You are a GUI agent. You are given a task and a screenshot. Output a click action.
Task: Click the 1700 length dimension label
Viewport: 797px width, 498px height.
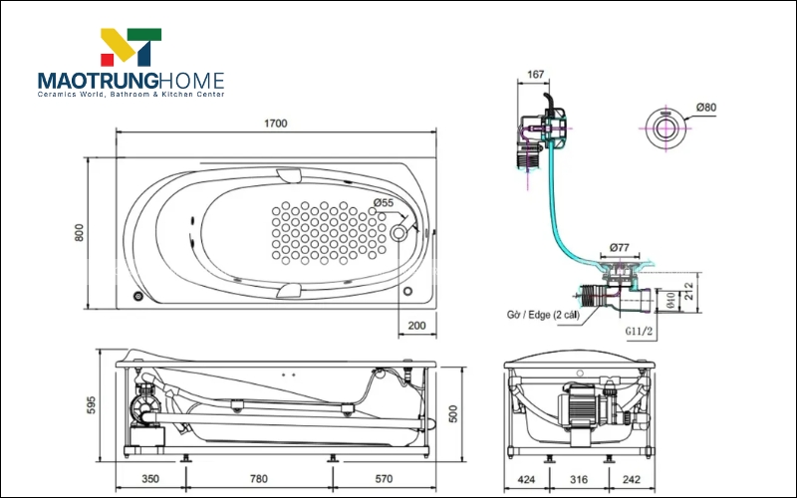(276, 124)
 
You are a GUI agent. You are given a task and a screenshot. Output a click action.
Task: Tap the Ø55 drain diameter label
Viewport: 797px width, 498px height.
(384, 203)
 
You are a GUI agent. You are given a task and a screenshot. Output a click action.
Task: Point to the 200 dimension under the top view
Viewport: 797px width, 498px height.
(415, 326)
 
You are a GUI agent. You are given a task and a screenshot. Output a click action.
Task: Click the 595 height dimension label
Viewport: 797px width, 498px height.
(90, 405)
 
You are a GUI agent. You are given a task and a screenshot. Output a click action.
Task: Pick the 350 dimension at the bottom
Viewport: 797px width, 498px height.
(150, 479)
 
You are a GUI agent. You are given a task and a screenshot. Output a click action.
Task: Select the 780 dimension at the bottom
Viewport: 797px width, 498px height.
(258, 479)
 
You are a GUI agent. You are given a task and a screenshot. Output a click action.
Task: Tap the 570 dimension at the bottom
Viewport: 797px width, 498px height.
(384, 479)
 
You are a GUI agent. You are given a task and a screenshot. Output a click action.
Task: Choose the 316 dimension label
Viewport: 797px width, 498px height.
(578, 479)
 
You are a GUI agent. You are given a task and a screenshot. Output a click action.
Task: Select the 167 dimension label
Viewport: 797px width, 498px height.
(535, 75)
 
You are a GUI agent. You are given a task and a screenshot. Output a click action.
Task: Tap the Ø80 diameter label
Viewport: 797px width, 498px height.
(706, 108)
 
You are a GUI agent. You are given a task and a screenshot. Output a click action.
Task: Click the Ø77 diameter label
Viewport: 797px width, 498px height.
(621, 248)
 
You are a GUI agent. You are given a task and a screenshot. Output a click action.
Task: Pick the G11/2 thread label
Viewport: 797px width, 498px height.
(640, 330)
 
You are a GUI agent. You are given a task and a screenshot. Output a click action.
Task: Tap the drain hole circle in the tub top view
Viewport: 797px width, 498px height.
(400, 233)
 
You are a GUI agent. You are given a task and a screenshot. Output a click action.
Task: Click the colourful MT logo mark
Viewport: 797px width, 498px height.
(131, 49)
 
